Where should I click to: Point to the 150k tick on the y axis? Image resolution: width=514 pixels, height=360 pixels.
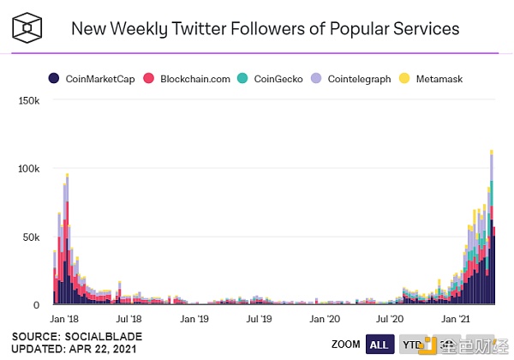(x=27, y=101)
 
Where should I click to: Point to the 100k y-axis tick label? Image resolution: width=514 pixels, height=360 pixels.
(x=27, y=169)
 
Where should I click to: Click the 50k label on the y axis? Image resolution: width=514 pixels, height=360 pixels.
(x=30, y=237)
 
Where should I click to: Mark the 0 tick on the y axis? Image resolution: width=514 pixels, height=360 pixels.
(x=37, y=304)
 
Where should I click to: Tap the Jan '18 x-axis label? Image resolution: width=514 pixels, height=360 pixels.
(x=64, y=318)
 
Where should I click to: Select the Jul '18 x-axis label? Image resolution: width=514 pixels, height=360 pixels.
(x=129, y=318)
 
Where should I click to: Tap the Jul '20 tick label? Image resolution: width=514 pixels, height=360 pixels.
(x=389, y=318)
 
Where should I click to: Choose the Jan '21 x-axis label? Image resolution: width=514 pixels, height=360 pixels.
(x=454, y=318)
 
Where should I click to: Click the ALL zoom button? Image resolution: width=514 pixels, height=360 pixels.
(x=379, y=345)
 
